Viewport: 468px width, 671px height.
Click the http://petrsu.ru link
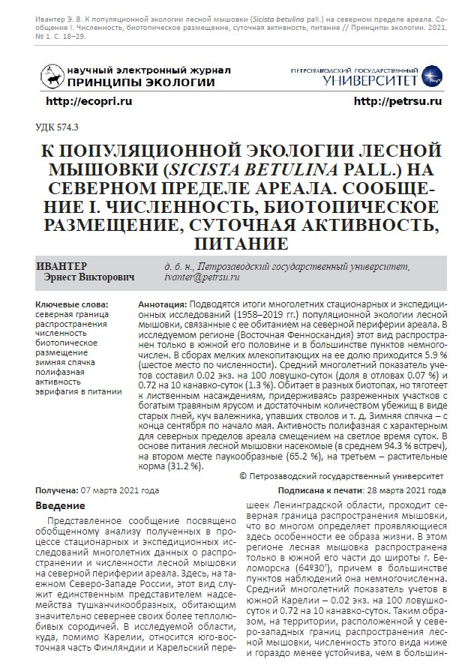click(x=397, y=100)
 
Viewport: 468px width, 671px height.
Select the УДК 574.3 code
click(x=57, y=128)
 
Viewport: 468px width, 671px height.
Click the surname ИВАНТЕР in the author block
click(x=61, y=267)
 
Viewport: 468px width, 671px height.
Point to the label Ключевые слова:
click(x=71, y=305)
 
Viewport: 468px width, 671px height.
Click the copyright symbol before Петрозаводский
click(x=242, y=476)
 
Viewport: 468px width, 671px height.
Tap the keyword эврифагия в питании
click(x=78, y=391)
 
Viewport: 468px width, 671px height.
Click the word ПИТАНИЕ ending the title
click(x=235, y=244)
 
